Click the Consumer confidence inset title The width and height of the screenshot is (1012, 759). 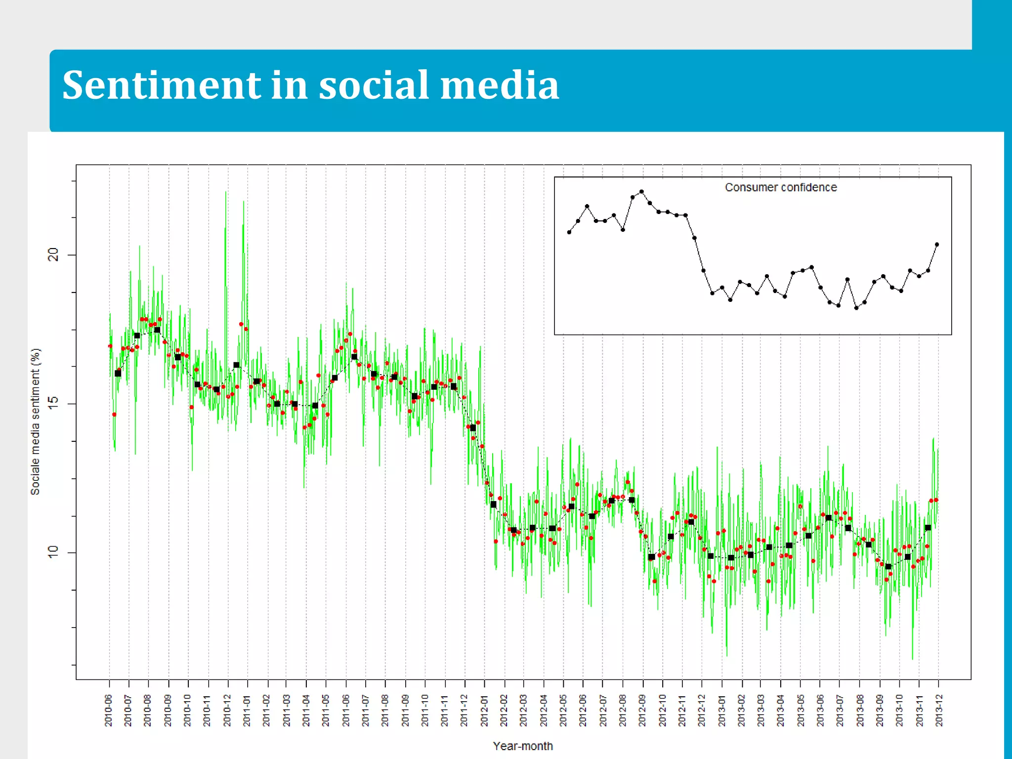pos(781,187)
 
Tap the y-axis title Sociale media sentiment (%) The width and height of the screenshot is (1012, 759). pos(35,422)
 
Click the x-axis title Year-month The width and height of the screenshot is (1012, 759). pos(523,746)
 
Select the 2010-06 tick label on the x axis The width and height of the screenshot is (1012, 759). pos(109,710)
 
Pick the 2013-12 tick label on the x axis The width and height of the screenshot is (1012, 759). pos(939,710)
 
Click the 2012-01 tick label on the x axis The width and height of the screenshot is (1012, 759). pos(484,710)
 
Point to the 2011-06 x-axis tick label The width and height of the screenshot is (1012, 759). pos(346,710)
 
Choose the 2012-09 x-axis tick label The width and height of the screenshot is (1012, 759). pos(642,710)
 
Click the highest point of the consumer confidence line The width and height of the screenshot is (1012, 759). pos(641,191)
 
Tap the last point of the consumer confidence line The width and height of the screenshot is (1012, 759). pos(937,244)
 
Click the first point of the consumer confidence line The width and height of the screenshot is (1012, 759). pos(569,232)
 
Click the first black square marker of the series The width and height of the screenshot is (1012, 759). pos(118,374)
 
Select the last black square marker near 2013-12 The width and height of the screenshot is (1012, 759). pos(928,528)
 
